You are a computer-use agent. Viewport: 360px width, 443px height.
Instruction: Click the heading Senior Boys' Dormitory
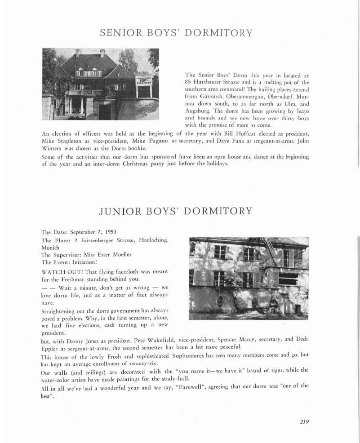point(176,33)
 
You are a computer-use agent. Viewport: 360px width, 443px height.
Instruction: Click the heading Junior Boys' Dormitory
point(175,210)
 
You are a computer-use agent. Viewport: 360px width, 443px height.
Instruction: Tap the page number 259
point(304,421)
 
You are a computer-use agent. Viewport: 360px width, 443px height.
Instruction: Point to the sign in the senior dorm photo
point(144,81)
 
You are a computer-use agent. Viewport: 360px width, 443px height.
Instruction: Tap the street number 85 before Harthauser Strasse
point(188,82)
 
